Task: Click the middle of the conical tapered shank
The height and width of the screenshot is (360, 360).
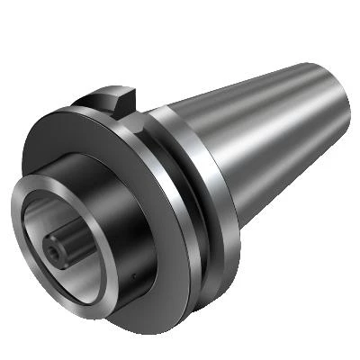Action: [x=261, y=135]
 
